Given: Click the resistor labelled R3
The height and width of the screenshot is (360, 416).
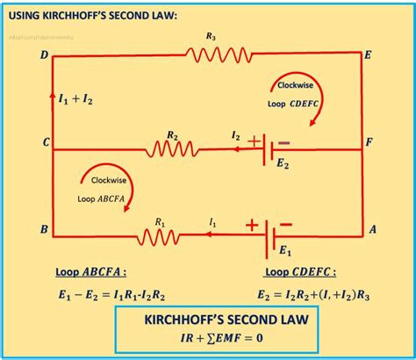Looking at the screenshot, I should (x=211, y=54).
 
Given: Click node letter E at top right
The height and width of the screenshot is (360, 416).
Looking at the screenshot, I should (x=368, y=55).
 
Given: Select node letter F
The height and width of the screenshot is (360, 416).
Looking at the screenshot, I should (x=371, y=140).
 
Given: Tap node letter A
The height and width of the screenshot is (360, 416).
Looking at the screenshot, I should (x=372, y=230).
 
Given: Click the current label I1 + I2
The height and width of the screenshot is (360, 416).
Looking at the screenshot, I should (x=75, y=99).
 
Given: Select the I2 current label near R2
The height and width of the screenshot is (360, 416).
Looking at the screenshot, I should (x=234, y=136).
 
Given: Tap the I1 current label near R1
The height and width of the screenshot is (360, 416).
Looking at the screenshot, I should (x=212, y=224).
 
